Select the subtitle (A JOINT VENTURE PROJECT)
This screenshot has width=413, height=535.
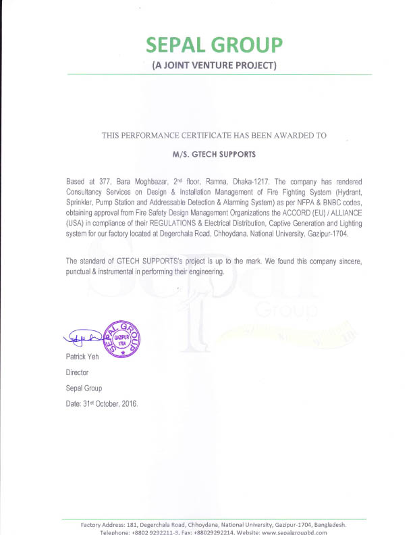coord(214,66)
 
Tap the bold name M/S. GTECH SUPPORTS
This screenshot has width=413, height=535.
coord(214,154)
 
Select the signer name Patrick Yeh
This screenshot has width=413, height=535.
coord(82,357)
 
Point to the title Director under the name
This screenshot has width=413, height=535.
coord(77,372)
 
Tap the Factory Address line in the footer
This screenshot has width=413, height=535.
coord(214,524)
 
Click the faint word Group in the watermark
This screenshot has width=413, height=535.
coord(286,312)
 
